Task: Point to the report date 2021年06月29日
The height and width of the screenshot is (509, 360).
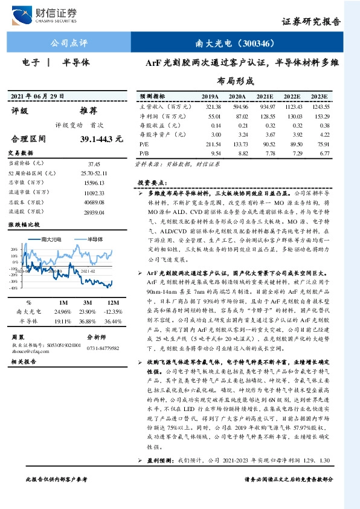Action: pyautogui.click(x=37, y=97)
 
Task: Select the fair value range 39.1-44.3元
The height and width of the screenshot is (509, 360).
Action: pyautogui.click(x=101, y=138)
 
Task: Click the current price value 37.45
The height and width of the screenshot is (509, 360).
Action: pyautogui.click(x=94, y=163)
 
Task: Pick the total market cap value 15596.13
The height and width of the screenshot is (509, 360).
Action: pyautogui.click(x=94, y=183)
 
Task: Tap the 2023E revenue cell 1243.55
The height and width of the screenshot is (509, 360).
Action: pyautogui.click(x=319, y=105)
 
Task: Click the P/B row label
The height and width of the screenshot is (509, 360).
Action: pyautogui.click(x=144, y=154)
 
